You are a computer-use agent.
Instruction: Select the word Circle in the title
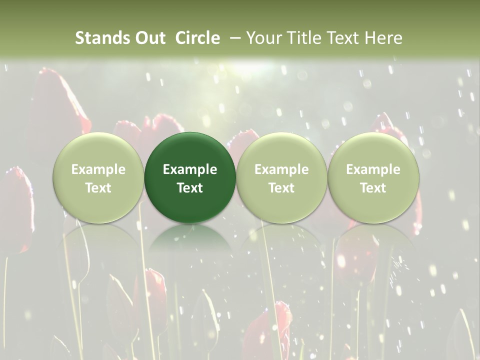point(197,38)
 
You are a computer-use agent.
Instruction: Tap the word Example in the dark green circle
point(190,169)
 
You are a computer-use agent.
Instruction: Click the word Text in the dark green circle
point(190,188)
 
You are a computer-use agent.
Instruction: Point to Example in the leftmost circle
point(98,169)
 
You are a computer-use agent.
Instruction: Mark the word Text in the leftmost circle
point(98,188)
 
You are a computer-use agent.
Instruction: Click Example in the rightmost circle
point(373,169)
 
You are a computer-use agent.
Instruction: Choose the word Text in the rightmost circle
point(373,188)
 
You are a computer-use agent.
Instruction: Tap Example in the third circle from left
point(281,169)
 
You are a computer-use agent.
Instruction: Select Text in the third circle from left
point(281,188)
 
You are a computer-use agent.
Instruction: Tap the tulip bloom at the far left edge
point(17,210)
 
